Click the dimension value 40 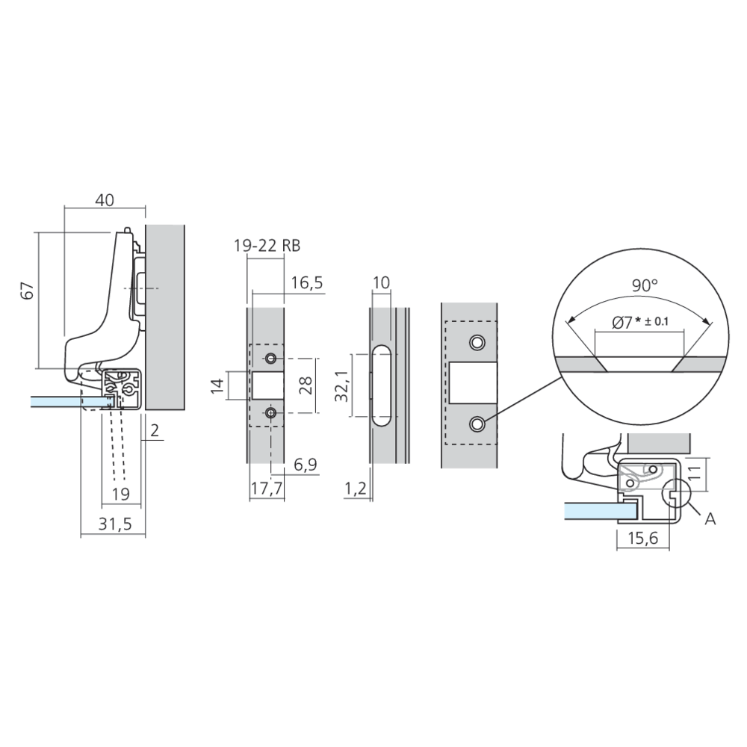(x=105, y=200)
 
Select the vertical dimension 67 (x=28, y=291)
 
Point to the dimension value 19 (x=120, y=493)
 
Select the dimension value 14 (x=217, y=386)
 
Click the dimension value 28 (x=304, y=385)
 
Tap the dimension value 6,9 (x=305, y=465)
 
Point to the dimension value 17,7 (x=265, y=489)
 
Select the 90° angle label (x=644, y=285)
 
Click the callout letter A (x=710, y=518)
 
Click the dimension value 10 (x=381, y=282)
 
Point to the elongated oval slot (x=380, y=385)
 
